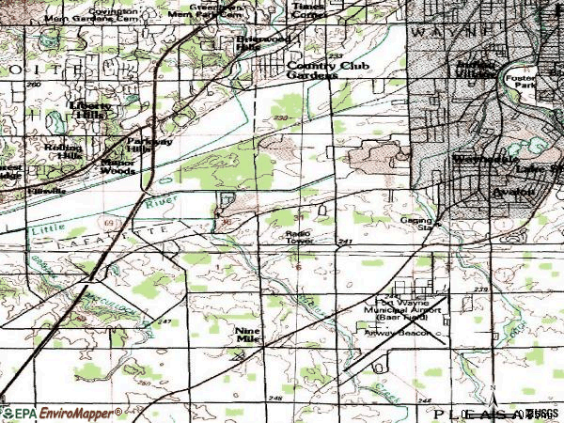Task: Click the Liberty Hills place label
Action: (90, 110)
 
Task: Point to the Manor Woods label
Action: (117, 165)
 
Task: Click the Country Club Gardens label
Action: (312, 70)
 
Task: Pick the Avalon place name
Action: (512, 192)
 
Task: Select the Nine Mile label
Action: (248, 335)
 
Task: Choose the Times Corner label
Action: (307, 10)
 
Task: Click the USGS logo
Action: (540, 413)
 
